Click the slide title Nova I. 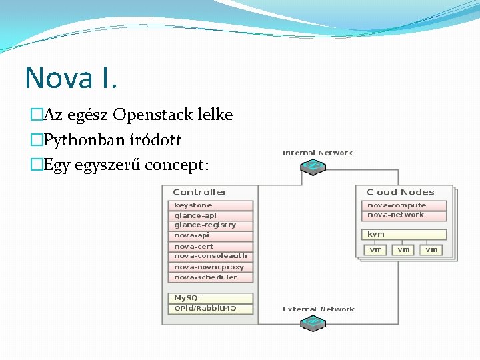click(71, 77)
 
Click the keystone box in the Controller click(210, 205)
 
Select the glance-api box click(210, 215)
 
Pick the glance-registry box click(210, 225)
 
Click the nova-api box click(210, 235)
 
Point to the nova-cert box click(210, 246)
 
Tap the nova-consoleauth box click(210, 255)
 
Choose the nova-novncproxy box click(210, 267)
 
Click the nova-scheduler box click(210, 277)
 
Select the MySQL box click(210, 298)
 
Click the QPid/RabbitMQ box click(210, 309)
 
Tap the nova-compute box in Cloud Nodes click(404, 205)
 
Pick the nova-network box click(404, 215)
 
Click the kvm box click(404, 234)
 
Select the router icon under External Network click(312, 323)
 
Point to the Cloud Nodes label click(400, 192)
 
